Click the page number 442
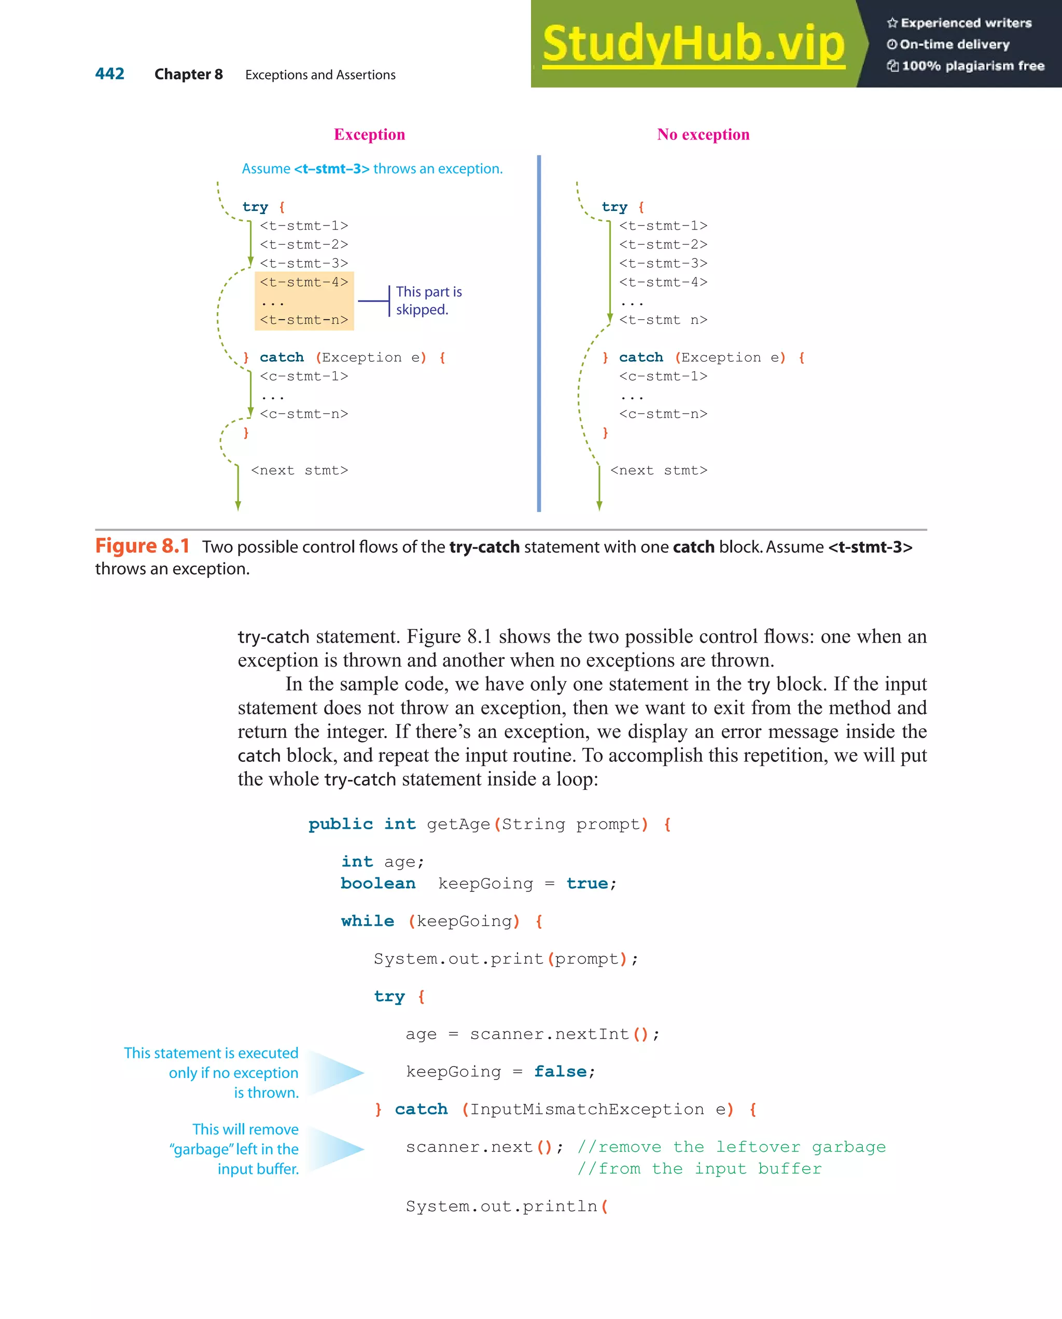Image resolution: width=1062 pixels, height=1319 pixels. tap(109, 74)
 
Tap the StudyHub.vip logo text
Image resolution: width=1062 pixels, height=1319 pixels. tap(693, 44)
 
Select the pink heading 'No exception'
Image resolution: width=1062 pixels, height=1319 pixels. tap(703, 135)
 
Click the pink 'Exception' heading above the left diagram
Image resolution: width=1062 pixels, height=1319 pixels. tap(369, 135)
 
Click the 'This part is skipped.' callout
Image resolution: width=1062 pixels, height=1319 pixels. tap(428, 301)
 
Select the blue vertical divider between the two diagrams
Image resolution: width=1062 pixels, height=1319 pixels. tap(539, 333)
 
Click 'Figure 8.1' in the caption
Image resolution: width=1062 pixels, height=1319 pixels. tap(142, 546)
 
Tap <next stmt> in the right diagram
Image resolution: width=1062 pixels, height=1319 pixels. tap(659, 471)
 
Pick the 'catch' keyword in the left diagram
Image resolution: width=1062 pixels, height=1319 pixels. tap(282, 357)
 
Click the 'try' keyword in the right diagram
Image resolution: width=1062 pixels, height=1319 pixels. tap(614, 207)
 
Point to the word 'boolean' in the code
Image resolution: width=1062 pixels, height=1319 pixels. tap(378, 884)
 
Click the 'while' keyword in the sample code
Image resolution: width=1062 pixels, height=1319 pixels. tap(367, 921)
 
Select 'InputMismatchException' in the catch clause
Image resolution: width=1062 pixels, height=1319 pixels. tap(586, 1109)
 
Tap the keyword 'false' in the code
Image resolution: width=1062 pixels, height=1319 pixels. tap(560, 1071)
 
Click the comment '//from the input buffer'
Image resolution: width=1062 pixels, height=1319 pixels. tap(699, 1169)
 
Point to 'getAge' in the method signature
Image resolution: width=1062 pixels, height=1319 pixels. tap(458, 824)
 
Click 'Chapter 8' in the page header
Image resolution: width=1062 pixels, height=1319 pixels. tap(189, 75)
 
